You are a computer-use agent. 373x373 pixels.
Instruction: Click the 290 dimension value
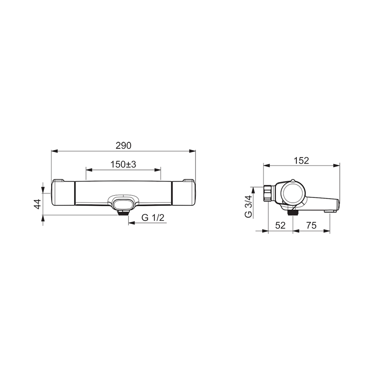[x=123, y=145]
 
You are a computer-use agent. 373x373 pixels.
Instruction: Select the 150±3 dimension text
[x=123, y=164]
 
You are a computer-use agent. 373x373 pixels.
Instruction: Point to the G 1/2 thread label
[x=153, y=217]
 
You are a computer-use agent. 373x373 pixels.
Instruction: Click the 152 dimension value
[x=301, y=161]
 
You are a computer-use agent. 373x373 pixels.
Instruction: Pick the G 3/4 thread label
[x=248, y=206]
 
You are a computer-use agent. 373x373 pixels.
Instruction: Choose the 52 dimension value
[x=280, y=225]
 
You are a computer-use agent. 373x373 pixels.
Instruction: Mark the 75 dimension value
[x=311, y=225]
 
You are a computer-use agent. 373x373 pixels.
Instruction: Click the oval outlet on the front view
[x=123, y=204]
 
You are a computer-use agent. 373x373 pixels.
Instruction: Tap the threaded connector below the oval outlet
[x=123, y=212]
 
